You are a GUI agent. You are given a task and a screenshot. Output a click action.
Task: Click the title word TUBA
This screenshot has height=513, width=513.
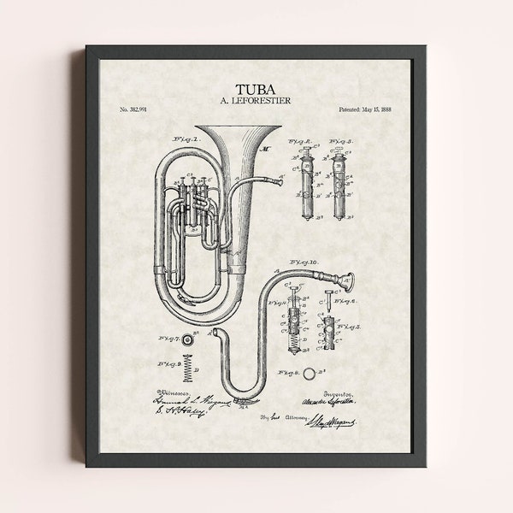(256, 87)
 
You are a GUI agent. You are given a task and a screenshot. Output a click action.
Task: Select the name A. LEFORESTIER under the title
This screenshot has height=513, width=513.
(256, 101)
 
